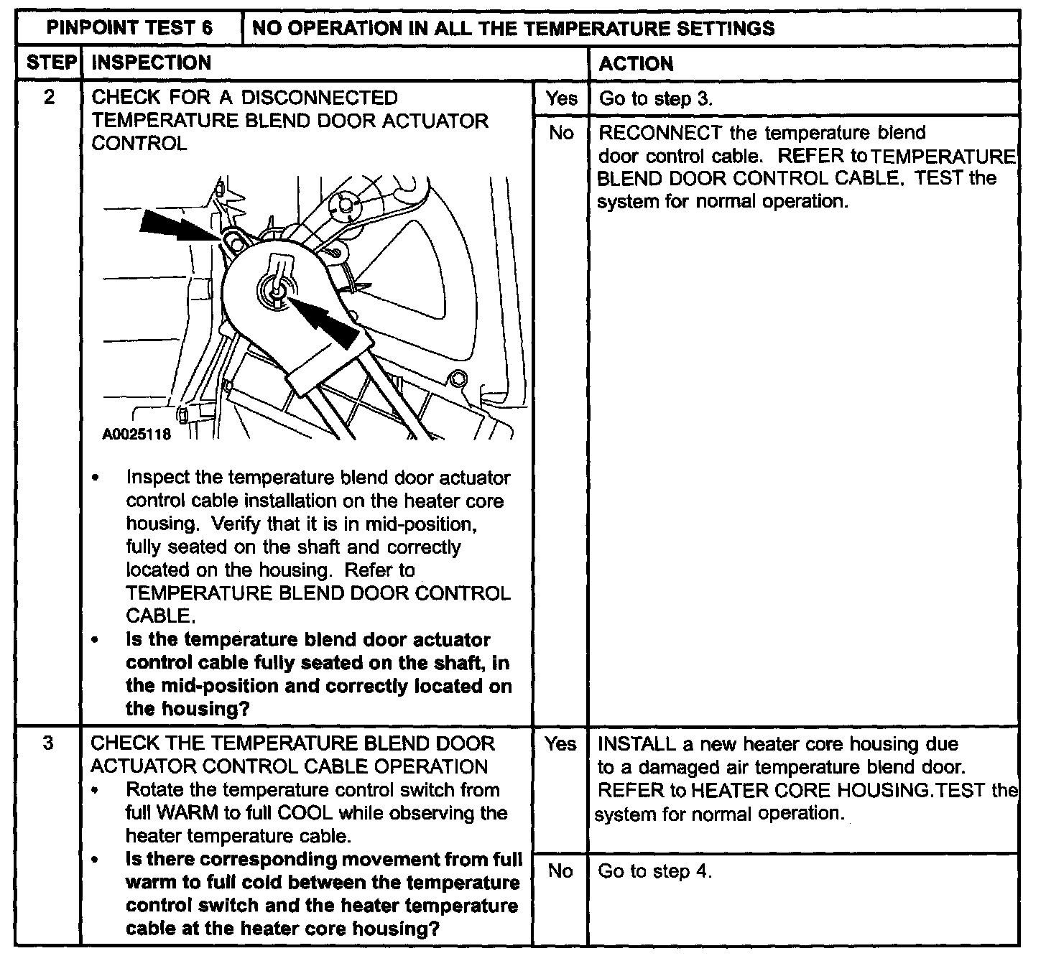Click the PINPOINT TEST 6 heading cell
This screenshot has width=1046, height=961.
click(x=129, y=28)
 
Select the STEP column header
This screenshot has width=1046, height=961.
click(x=50, y=63)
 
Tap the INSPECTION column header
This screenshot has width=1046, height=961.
click(x=152, y=63)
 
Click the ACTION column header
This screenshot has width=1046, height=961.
click(x=636, y=64)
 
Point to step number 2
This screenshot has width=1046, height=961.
click(x=49, y=97)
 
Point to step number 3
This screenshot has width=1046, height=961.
click(x=48, y=743)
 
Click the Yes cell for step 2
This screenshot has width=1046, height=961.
click(x=561, y=98)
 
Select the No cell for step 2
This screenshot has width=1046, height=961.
click(x=561, y=133)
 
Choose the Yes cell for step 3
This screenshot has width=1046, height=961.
click(x=560, y=744)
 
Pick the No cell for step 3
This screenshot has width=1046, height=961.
click(x=560, y=871)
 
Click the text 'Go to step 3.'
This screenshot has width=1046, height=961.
click(x=655, y=99)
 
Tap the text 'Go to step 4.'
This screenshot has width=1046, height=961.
click(x=654, y=872)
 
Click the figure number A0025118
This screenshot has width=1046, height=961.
click(x=136, y=435)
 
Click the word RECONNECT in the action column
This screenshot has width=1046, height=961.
click(x=659, y=133)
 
